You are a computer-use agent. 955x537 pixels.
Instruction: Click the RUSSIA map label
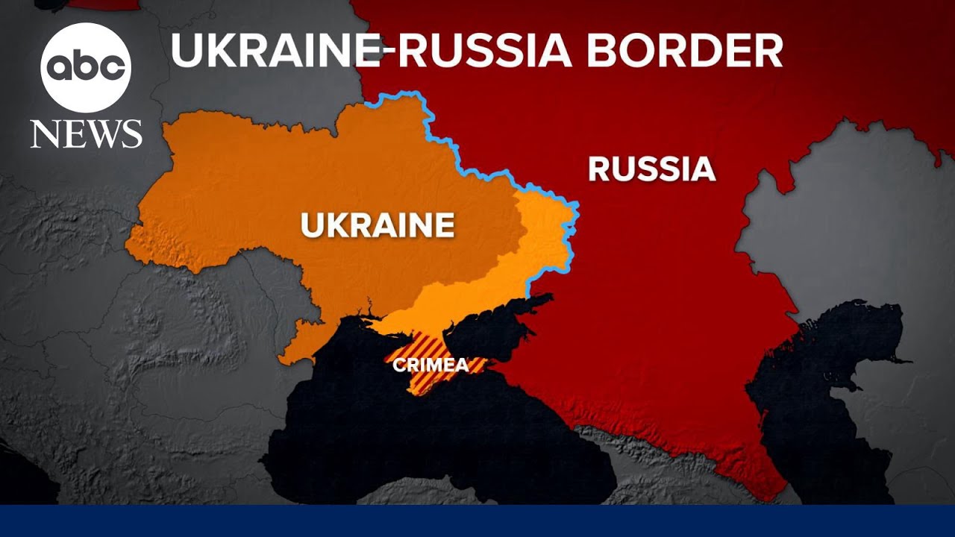(x=651, y=169)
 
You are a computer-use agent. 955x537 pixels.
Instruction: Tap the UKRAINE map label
(x=378, y=224)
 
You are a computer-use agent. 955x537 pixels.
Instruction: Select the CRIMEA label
(x=431, y=365)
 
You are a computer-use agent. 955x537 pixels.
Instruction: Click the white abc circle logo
(x=86, y=68)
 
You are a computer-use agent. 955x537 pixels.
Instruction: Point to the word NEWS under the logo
(x=86, y=134)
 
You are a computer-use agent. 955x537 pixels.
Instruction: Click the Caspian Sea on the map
(x=828, y=388)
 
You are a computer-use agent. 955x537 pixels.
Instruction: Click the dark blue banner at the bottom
(x=477, y=521)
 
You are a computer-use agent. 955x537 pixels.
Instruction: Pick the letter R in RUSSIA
(x=598, y=169)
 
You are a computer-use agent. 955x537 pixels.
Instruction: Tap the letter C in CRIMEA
(x=399, y=365)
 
